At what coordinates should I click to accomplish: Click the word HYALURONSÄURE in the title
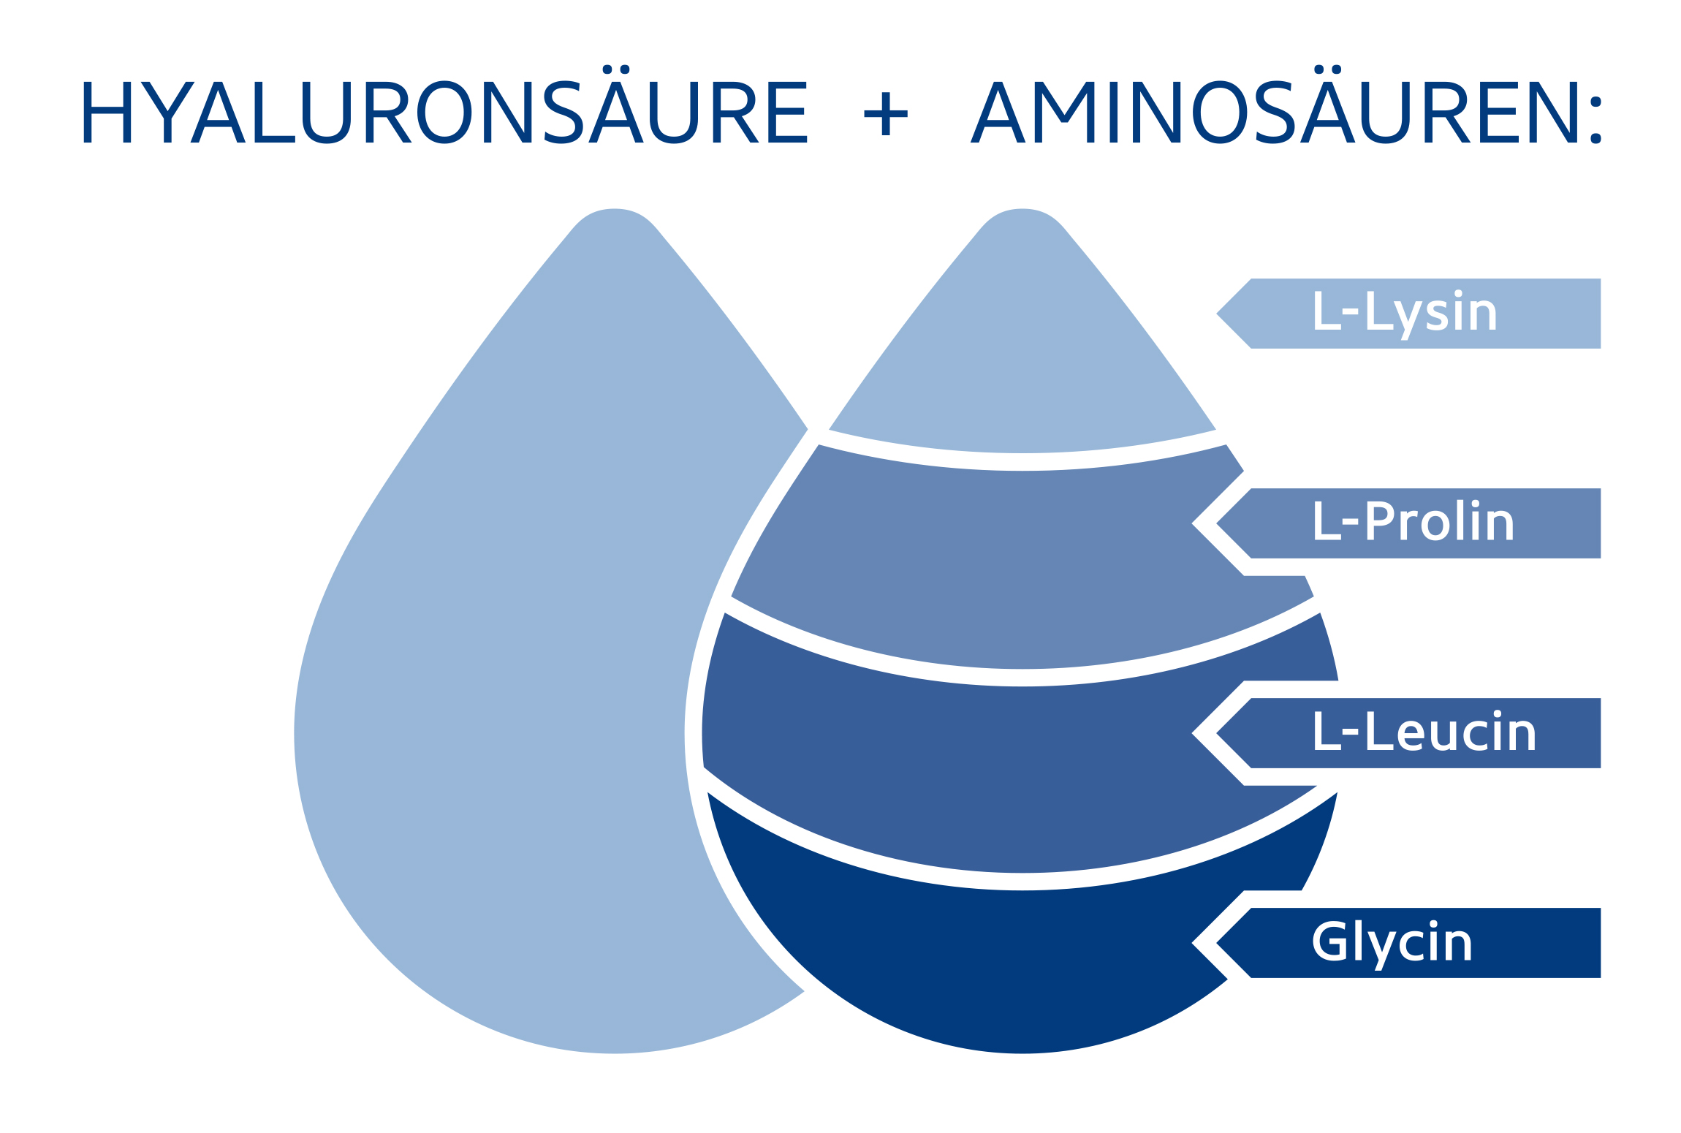point(444,112)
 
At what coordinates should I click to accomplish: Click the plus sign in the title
point(885,114)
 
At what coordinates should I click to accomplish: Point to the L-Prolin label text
point(1413,522)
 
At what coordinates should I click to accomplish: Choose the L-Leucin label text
point(1424,732)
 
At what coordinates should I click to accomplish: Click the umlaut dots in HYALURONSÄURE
point(616,69)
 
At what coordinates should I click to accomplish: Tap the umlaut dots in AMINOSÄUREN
point(1327,69)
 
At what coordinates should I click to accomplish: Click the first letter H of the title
point(107,112)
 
